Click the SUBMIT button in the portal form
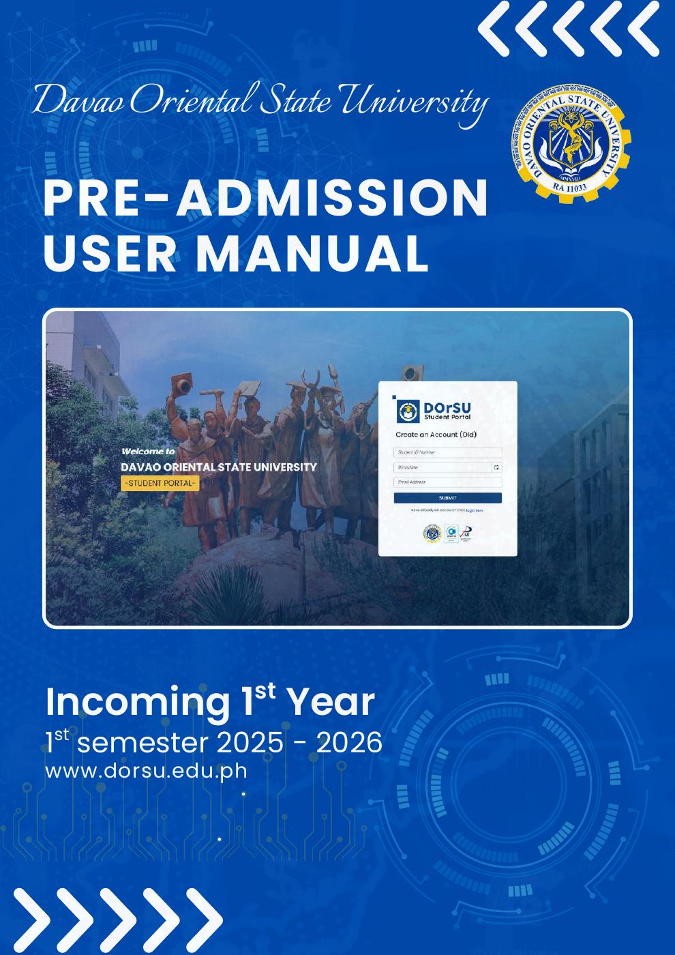tap(447, 498)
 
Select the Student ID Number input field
tap(447, 452)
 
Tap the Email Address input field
tap(447, 482)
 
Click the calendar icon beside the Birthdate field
tap(496, 467)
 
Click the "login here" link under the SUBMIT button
tap(475, 510)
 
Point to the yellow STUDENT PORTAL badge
tap(160, 484)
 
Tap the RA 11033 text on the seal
tap(570, 186)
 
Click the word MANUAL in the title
tap(312, 252)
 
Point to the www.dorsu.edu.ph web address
tap(146, 772)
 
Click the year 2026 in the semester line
tap(349, 742)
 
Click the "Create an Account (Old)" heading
tap(436, 435)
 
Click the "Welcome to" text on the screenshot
tap(148, 451)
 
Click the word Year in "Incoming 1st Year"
tap(329, 702)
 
